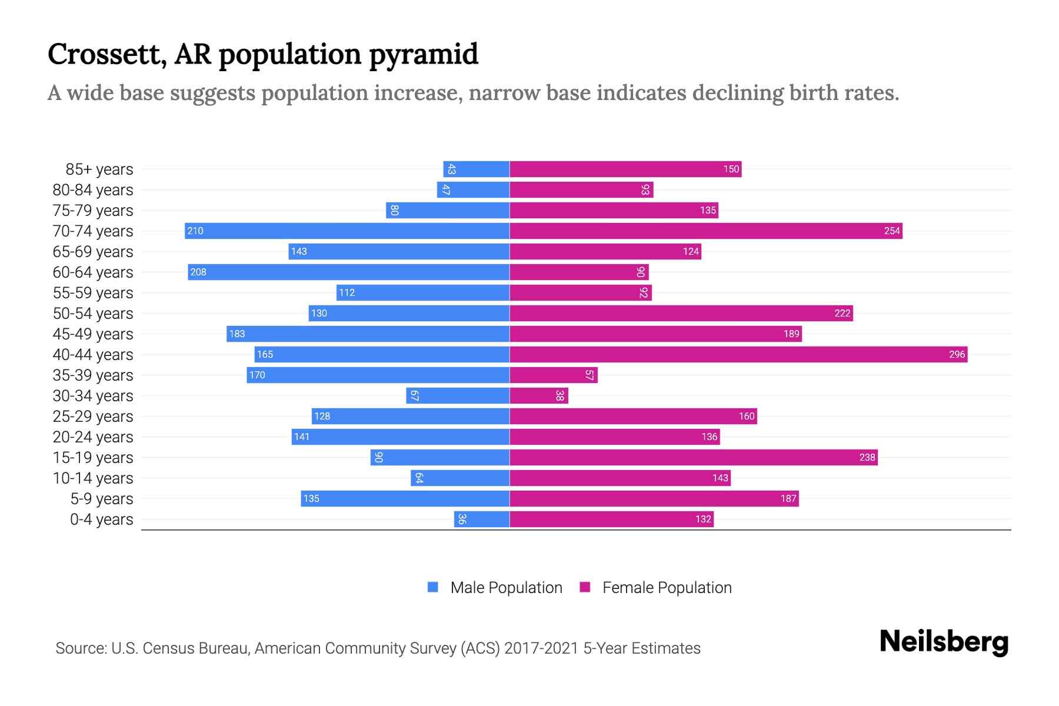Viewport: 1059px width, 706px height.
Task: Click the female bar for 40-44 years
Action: tap(738, 354)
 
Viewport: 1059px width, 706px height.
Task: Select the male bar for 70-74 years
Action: tap(347, 231)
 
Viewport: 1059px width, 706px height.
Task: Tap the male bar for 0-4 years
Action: tap(482, 519)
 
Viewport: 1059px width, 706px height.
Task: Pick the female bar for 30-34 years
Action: tap(539, 395)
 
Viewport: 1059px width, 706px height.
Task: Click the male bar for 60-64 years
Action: tap(348, 272)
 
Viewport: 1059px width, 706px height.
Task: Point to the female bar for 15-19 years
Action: tap(693, 457)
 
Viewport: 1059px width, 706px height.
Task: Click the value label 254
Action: tap(892, 231)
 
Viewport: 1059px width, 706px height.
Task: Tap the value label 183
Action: tap(237, 334)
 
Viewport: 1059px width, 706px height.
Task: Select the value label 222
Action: tap(842, 313)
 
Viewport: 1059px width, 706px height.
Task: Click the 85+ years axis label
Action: tap(99, 169)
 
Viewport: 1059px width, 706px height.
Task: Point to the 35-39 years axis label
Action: tap(93, 375)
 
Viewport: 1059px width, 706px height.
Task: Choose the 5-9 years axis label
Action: tap(102, 499)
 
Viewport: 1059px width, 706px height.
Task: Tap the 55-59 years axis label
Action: tap(93, 293)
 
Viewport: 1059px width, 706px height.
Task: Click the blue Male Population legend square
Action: tap(433, 587)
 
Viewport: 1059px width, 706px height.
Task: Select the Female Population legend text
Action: tap(667, 587)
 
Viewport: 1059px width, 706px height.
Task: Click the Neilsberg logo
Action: tap(944, 642)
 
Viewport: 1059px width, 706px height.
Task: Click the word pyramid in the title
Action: tap(424, 55)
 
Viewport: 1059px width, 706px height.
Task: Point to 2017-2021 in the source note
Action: tap(541, 648)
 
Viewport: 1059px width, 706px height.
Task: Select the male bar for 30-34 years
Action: tap(458, 395)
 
